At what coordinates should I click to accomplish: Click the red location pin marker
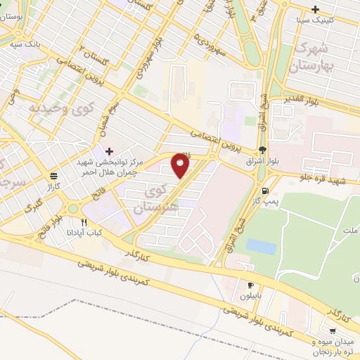181,165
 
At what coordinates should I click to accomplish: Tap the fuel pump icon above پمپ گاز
264,190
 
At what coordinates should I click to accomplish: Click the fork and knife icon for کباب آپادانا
84,221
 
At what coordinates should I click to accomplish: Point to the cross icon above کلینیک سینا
316,9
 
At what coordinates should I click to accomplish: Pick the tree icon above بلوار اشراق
262,149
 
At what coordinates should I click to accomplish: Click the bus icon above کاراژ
54,175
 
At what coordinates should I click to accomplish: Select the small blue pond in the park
261,247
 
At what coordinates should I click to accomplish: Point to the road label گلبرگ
34,205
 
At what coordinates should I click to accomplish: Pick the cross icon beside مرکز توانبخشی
109,150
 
